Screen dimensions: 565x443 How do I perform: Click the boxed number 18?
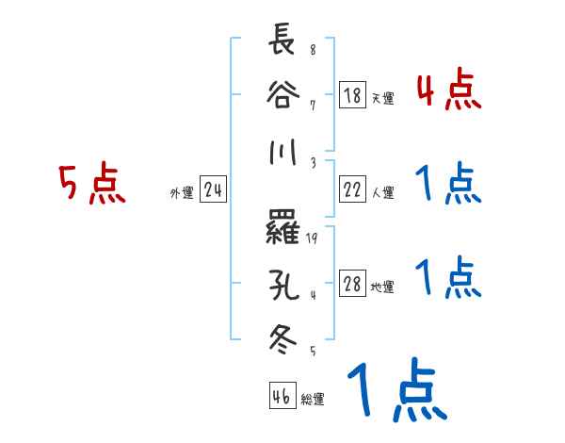click(352, 95)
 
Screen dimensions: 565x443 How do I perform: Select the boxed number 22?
click(352, 190)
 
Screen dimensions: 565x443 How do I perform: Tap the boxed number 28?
click(352, 285)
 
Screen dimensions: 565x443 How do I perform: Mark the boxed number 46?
click(280, 397)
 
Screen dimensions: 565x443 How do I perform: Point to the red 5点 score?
click(91, 185)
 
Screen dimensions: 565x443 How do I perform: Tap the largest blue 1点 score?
click(395, 390)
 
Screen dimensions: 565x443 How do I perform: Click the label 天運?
click(382, 98)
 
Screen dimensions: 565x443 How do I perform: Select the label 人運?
click(382, 193)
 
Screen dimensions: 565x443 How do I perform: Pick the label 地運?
click(382, 287)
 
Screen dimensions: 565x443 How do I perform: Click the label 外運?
click(181, 193)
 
